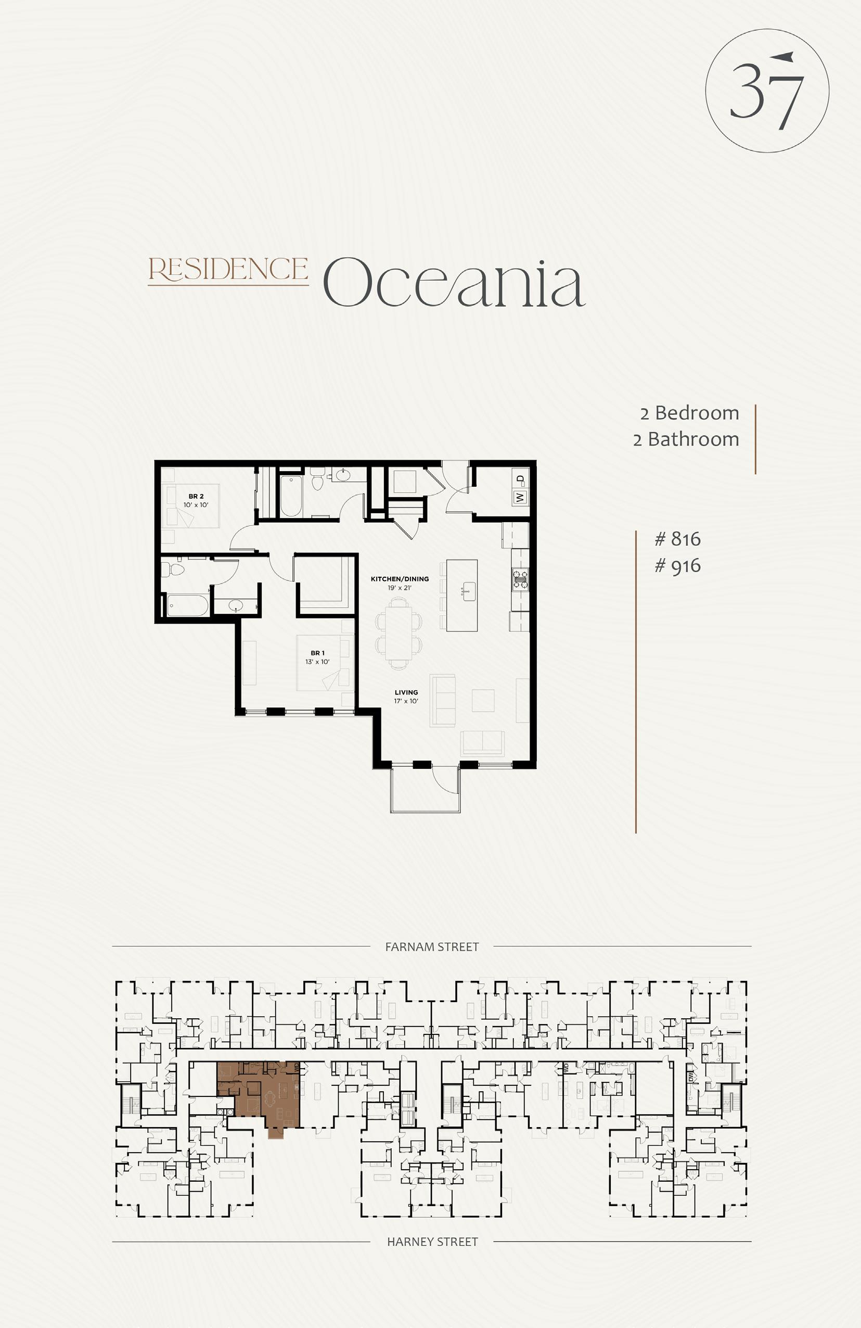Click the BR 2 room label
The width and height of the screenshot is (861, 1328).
pos(196,496)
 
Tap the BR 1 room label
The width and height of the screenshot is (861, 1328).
pos(317,653)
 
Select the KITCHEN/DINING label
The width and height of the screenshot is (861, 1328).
pos(400,579)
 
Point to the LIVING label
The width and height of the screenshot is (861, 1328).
pos(406,692)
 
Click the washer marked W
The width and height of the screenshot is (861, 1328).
pos(520,497)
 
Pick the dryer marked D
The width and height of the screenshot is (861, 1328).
pos(520,479)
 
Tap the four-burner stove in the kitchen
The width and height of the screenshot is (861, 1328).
pos(520,579)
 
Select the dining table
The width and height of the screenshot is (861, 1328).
pos(399,634)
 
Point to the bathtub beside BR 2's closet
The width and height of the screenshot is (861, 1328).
pos(290,496)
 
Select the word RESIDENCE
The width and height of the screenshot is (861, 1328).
pos(228,270)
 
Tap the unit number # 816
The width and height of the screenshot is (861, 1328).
pos(677,539)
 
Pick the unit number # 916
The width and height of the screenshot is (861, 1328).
pos(677,566)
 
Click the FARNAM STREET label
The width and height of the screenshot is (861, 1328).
pos(432,947)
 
